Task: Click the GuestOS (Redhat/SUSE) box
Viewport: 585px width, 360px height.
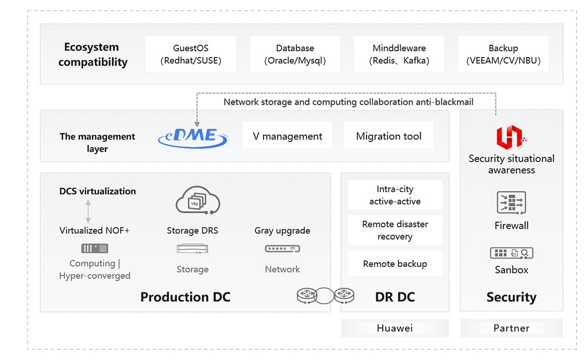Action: pos(191,54)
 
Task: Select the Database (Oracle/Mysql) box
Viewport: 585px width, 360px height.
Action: pos(295,54)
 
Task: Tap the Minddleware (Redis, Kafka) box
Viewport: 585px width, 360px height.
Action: pos(399,54)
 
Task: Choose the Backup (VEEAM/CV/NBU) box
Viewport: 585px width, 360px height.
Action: pos(503,54)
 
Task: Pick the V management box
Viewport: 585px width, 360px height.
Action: pos(287,136)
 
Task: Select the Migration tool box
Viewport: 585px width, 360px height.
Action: pos(389,136)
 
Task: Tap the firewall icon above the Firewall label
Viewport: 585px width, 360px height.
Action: pos(511,203)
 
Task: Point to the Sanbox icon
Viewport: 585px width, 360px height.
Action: pos(511,253)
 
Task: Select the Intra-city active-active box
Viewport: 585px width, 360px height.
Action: pos(395,195)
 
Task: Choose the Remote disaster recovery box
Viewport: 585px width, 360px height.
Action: pos(395,230)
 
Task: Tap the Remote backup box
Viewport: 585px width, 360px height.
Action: pos(395,264)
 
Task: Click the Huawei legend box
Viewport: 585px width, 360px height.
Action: pos(395,328)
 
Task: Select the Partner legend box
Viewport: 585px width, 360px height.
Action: pos(511,328)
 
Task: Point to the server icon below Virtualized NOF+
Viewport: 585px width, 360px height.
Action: pos(94,248)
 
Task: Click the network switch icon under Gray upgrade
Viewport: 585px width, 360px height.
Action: pos(282,248)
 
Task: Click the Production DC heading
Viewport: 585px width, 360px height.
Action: pos(185,297)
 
